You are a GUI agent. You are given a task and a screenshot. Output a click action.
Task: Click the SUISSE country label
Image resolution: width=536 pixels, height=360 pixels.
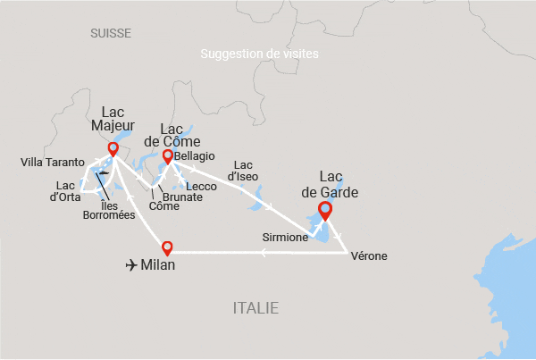(x=111, y=33)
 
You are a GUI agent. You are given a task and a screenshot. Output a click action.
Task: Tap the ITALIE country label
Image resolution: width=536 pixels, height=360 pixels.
(x=255, y=308)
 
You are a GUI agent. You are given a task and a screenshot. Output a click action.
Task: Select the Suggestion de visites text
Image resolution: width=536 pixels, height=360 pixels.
(x=260, y=54)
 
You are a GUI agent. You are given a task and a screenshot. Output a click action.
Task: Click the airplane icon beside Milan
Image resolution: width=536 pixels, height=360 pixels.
(x=133, y=265)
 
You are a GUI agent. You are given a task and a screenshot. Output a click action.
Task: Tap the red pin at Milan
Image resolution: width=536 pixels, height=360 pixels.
(x=166, y=248)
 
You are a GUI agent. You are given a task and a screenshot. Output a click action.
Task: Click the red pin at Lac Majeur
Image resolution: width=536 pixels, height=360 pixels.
(x=113, y=149)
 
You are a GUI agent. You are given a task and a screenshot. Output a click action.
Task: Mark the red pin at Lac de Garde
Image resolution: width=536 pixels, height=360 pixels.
(x=324, y=212)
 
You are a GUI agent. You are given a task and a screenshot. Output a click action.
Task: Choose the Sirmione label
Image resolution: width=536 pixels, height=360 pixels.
(x=285, y=238)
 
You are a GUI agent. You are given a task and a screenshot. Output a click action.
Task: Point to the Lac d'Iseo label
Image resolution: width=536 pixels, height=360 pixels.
(x=244, y=171)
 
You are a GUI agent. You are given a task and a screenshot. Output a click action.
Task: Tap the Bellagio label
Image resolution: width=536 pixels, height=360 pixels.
(x=196, y=156)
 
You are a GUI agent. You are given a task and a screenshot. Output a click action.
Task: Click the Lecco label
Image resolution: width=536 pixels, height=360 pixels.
(x=201, y=186)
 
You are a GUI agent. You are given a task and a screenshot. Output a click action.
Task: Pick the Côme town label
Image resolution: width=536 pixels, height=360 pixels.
(x=163, y=206)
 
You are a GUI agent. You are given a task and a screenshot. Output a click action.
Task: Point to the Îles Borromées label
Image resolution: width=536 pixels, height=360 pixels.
(x=108, y=209)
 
